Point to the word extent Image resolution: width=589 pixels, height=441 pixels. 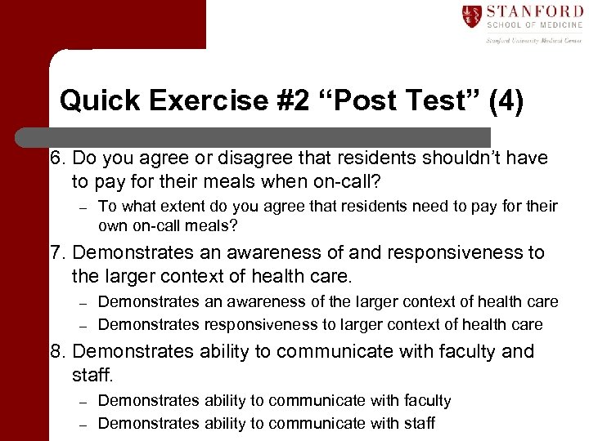[177, 207]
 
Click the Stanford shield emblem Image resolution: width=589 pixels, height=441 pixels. [472, 17]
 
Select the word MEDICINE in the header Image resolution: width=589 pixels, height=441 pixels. [560, 27]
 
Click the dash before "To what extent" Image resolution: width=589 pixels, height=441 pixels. [82, 207]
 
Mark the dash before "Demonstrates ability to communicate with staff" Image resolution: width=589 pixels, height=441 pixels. [82, 424]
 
